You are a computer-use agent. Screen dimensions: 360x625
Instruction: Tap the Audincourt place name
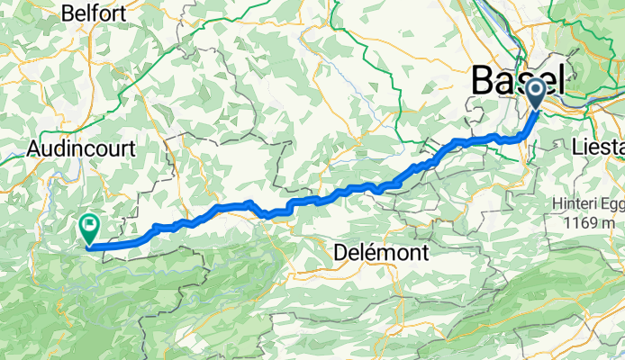(x=81, y=147)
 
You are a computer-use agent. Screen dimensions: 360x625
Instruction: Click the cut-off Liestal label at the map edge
(x=598, y=146)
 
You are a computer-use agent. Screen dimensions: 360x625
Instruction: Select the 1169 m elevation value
(x=590, y=222)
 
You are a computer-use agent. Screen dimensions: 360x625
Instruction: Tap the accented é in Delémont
(x=362, y=253)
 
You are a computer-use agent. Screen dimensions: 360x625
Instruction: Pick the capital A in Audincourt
(x=34, y=147)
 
